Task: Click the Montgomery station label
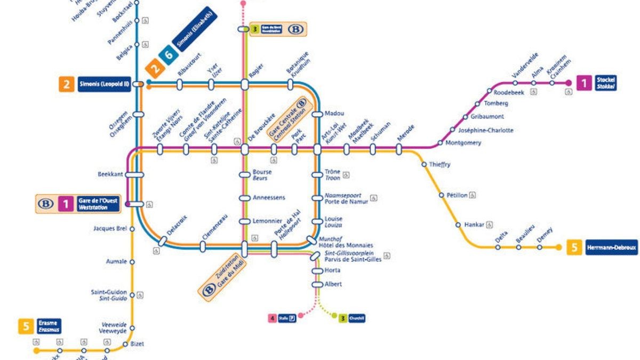tap(463, 143)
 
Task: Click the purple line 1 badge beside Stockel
tap(583, 83)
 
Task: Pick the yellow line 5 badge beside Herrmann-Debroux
tap(574, 247)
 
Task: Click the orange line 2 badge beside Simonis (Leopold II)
tap(67, 84)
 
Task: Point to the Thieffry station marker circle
tap(424, 164)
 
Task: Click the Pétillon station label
tap(457, 195)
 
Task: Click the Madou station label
tap(334, 113)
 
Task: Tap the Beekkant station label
tap(110, 174)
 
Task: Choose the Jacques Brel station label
tap(110, 229)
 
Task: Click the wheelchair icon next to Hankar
tap(490, 225)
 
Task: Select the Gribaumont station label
tap(487, 116)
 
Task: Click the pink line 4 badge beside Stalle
tap(273, 318)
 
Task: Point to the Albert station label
tap(333, 284)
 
